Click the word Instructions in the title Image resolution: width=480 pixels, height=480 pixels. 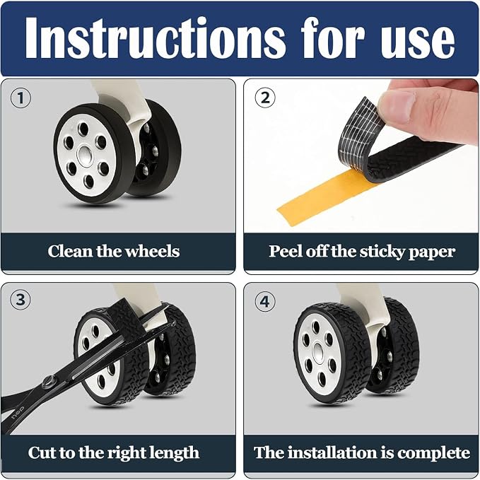click(155, 37)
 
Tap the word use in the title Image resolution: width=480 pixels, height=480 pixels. click(418, 41)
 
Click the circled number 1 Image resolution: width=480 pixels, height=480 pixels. click(21, 98)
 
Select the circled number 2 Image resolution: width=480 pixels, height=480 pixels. click(265, 98)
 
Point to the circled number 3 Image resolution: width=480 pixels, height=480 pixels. click(21, 300)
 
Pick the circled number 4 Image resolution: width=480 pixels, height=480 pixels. click(265, 302)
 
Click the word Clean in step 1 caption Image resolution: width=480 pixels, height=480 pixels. click(70, 251)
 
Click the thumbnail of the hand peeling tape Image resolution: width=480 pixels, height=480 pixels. click(361, 156)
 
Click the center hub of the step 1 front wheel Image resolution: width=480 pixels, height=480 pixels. click(84, 154)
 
